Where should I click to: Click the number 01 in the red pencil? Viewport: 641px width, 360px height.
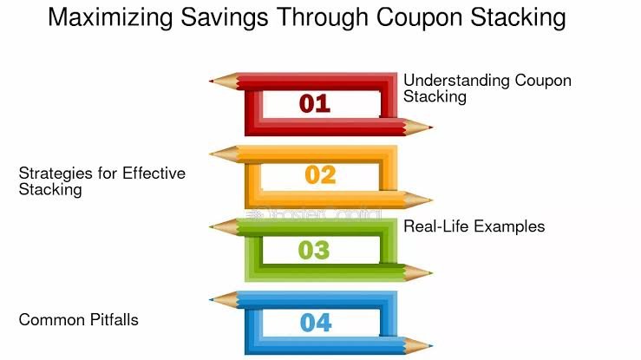[x=315, y=104]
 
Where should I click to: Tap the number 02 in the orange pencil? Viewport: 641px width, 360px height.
[x=320, y=175]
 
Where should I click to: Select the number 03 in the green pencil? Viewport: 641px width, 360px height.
[x=314, y=251]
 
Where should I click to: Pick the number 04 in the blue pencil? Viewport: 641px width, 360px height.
[x=317, y=323]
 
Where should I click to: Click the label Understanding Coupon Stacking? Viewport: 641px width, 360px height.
[x=487, y=88]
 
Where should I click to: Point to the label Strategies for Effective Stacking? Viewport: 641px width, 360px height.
[x=101, y=181]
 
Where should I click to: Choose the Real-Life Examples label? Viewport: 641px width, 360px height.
[x=474, y=226]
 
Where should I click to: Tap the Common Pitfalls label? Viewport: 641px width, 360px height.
[x=79, y=320]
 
